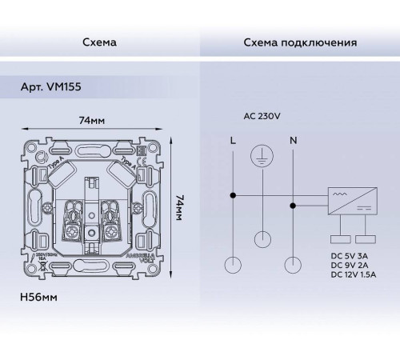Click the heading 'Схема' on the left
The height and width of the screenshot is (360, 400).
pos(100,42)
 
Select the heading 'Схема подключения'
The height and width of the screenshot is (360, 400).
pos(300,42)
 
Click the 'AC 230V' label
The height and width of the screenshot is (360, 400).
pos(259,116)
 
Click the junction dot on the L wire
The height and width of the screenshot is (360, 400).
pos(233,194)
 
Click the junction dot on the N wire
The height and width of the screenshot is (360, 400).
pos(294,205)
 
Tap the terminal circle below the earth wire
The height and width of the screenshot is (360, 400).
pos(263,237)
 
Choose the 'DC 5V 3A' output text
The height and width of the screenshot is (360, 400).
pos(353,255)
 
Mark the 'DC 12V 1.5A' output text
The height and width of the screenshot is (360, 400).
pos(357,274)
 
